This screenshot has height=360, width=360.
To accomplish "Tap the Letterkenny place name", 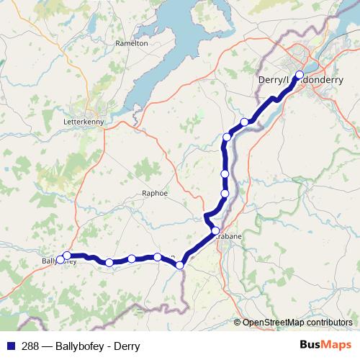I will tap(84, 122).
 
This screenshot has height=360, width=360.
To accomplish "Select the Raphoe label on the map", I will tap(155, 194).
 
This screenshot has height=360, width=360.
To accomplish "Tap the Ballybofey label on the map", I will tap(55, 261).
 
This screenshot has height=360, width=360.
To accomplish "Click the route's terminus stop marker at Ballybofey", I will tap(67, 256).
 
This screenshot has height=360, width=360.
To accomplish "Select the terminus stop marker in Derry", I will tap(300, 74).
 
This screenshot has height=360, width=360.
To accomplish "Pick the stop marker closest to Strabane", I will tap(215, 230).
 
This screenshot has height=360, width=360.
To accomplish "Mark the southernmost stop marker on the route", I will tap(180, 265).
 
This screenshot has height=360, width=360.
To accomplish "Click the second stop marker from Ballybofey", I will tap(109, 263).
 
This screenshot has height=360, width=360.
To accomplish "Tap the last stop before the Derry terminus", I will tap(245, 122).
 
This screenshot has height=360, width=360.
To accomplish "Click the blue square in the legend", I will tap(10, 346).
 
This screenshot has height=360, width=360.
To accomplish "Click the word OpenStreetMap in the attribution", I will tap(273, 322).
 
